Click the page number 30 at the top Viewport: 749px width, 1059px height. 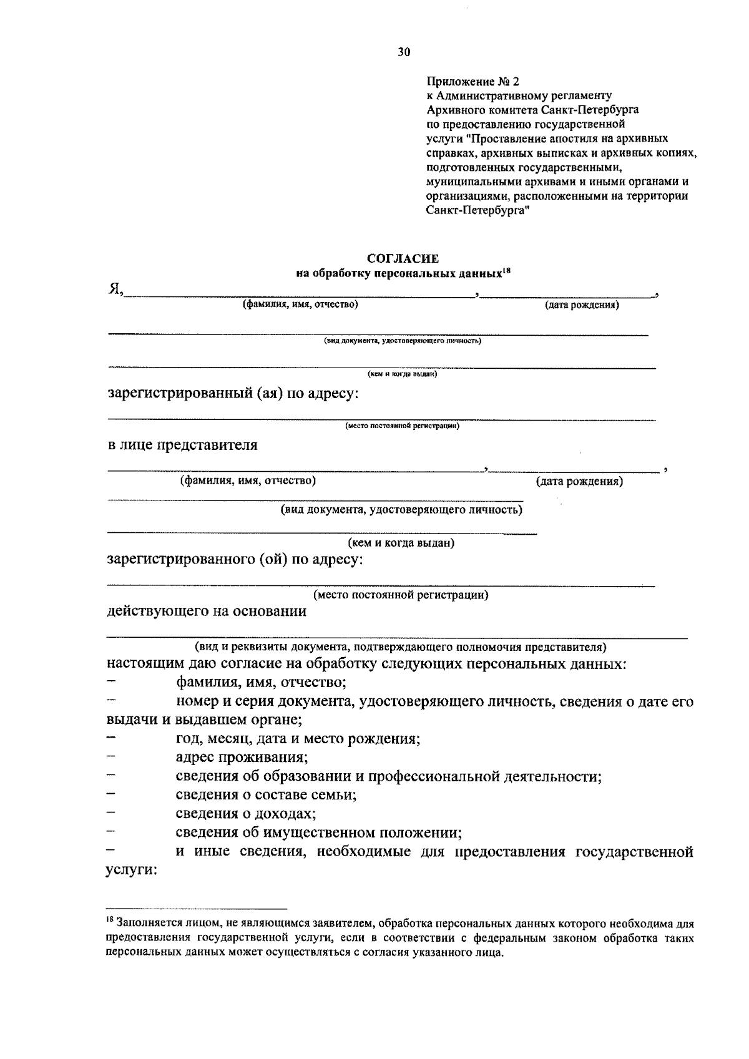(404, 52)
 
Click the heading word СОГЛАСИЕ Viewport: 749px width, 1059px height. (403, 258)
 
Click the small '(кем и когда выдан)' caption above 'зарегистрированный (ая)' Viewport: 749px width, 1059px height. (402, 374)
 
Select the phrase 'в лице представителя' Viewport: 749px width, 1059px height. (182, 446)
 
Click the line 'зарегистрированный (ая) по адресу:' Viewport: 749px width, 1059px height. (233, 394)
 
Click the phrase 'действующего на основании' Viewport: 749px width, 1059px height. (207, 611)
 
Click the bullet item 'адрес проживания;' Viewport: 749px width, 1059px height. (242, 758)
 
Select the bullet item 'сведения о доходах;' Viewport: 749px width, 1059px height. (245, 814)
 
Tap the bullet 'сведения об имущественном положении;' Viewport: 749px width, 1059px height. (318, 832)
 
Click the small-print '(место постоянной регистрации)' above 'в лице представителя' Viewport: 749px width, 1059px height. (402, 426)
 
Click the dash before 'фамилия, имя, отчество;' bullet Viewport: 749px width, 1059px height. (112, 683)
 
